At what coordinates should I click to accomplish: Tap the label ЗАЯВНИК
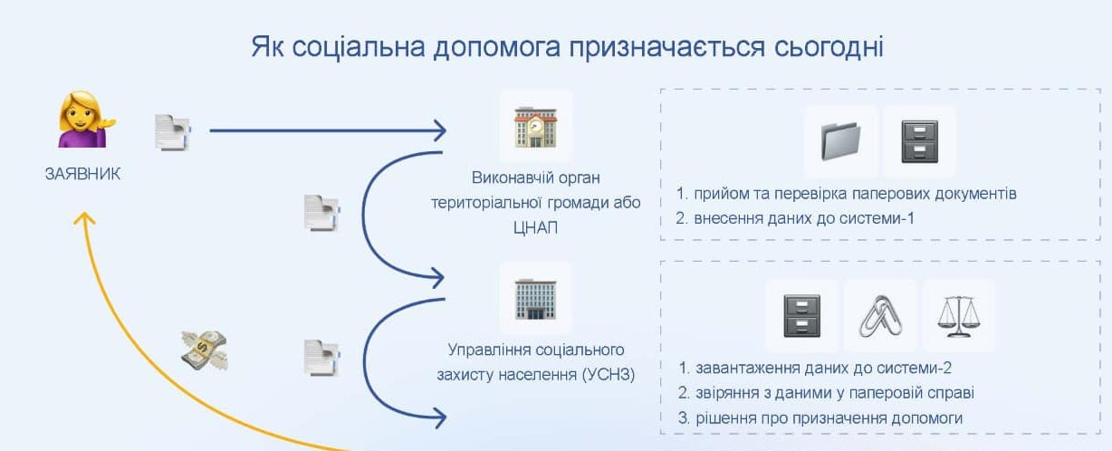(82, 174)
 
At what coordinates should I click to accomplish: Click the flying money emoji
(204, 350)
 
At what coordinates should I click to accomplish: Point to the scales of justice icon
(959, 314)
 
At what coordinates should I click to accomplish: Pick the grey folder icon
(841, 141)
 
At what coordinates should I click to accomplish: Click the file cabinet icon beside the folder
(919, 141)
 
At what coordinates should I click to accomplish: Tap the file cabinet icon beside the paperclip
(801, 314)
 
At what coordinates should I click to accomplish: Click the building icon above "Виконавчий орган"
(535, 128)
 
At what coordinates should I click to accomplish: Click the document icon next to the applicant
(172, 133)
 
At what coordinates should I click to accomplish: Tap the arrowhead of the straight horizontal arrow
(440, 131)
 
